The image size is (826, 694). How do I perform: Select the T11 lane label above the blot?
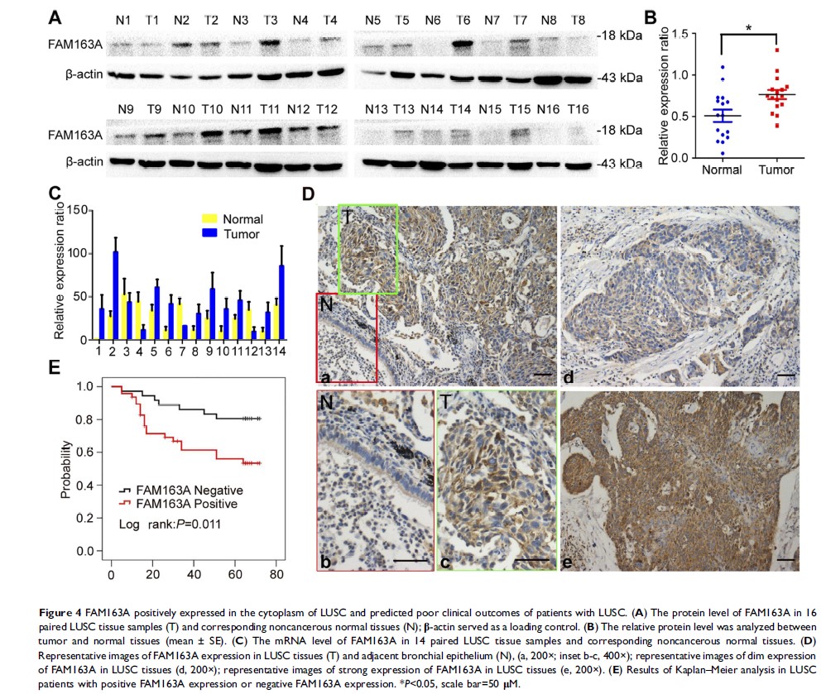click(x=269, y=110)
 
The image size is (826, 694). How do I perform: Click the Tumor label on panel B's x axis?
click(x=776, y=171)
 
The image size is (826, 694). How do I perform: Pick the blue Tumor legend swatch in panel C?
click(x=210, y=234)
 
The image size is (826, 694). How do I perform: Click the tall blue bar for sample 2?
click(x=117, y=295)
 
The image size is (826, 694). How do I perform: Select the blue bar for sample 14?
click(x=281, y=302)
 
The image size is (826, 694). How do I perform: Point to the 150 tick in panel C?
click(x=79, y=210)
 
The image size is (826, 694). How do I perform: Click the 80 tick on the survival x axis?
click(x=276, y=574)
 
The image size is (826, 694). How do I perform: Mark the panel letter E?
click(x=56, y=366)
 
